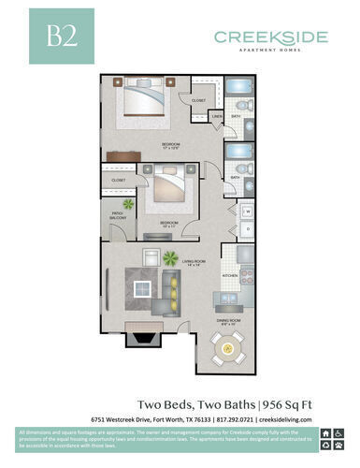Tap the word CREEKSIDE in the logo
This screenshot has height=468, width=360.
click(270, 37)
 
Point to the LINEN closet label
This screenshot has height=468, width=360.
click(217, 116)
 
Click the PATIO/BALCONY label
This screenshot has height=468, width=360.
click(119, 216)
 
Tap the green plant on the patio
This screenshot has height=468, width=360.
click(128, 204)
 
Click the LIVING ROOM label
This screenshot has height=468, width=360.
click(193, 265)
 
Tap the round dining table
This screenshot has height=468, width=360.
click(227, 349)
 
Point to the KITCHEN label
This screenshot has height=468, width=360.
click(229, 276)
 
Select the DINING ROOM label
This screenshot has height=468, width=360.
click(228, 323)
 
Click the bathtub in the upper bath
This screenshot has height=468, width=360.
click(240, 104)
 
